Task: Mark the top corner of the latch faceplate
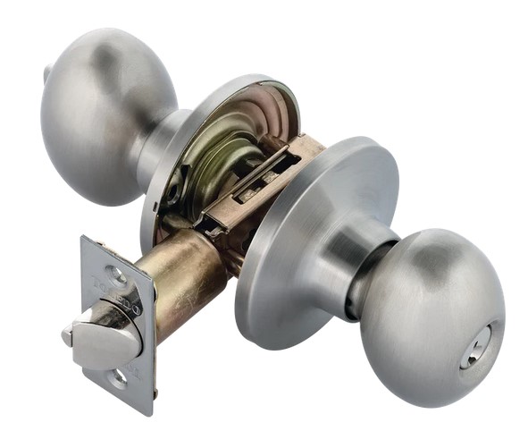coord(83,239)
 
